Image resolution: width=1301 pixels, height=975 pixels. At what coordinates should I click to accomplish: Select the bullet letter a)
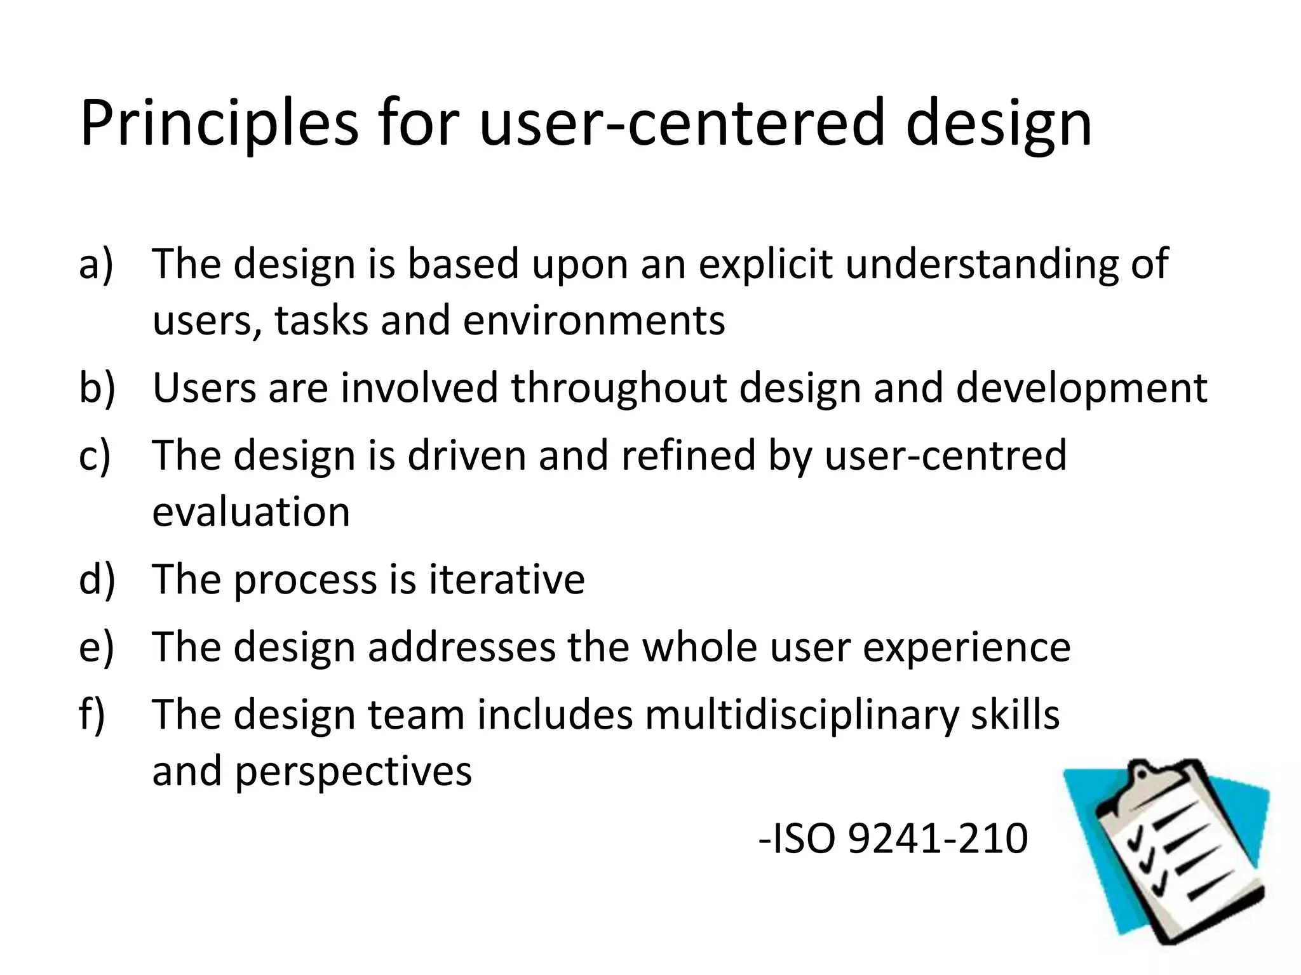(x=96, y=263)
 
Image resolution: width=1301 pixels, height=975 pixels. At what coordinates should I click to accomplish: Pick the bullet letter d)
(x=97, y=580)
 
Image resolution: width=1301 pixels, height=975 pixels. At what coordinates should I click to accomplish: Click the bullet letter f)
(x=93, y=715)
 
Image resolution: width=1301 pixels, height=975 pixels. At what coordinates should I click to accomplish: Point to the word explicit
(x=765, y=263)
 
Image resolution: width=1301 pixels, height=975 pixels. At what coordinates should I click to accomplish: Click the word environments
(x=594, y=320)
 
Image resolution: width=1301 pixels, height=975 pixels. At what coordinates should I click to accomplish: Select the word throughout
(x=619, y=388)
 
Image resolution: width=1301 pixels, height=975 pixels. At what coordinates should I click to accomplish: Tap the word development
(x=1081, y=388)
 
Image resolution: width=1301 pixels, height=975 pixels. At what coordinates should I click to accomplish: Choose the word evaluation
(x=251, y=512)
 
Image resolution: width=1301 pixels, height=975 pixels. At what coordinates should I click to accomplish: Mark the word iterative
(x=507, y=580)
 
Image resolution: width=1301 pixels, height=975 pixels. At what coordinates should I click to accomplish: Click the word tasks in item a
(x=321, y=320)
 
